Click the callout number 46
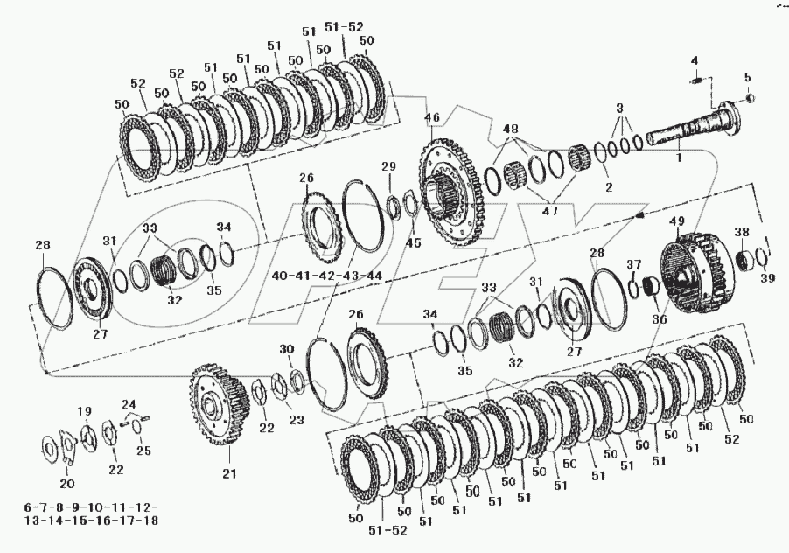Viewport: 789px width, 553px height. tap(431, 116)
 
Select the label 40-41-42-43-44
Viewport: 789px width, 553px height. tap(326, 275)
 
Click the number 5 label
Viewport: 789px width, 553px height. tap(748, 76)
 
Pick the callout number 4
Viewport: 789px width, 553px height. tap(695, 60)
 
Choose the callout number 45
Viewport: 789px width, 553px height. tap(414, 242)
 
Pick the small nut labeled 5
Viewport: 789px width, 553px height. tap(749, 100)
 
